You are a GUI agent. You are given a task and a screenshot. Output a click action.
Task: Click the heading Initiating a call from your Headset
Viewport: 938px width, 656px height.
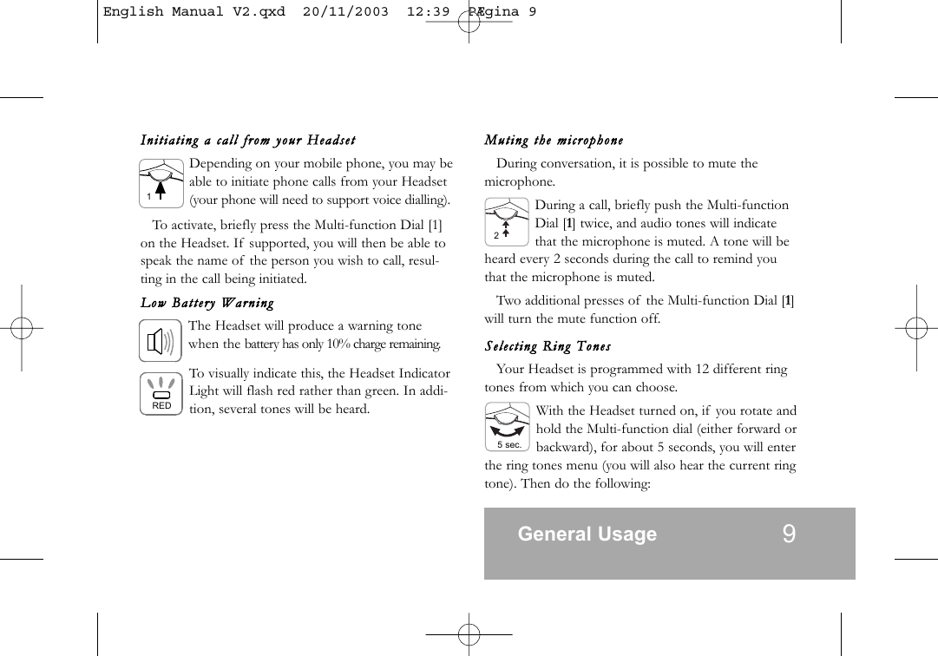click(x=248, y=141)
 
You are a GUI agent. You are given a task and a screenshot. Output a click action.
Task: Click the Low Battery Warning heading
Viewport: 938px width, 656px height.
click(x=207, y=303)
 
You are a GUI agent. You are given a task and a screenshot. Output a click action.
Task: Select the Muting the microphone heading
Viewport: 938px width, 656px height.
click(x=554, y=141)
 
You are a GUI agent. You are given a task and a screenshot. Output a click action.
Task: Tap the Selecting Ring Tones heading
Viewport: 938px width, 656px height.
click(x=548, y=347)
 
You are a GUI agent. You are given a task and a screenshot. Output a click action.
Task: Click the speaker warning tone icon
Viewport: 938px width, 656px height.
click(x=161, y=341)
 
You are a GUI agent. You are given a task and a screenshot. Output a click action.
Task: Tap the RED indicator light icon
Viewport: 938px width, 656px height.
click(x=161, y=393)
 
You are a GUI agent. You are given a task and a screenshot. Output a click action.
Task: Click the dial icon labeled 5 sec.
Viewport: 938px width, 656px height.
click(x=508, y=428)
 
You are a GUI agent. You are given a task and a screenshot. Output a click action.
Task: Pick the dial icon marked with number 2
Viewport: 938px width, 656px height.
click(x=507, y=223)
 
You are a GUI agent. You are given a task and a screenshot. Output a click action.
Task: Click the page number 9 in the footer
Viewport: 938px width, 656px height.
click(x=788, y=534)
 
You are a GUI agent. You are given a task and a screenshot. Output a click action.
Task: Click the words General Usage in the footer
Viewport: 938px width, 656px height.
click(x=587, y=535)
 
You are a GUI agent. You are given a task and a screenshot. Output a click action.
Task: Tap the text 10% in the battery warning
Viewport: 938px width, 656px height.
click(x=337, y=344)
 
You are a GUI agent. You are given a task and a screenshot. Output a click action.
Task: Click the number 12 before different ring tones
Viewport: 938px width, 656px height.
click(x=704, y=370)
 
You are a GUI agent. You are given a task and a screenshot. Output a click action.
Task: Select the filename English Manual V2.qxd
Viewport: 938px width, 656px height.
click(x=194, y=12)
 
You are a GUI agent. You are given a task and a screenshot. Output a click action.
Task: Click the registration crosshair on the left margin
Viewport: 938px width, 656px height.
click(x=22, y=329)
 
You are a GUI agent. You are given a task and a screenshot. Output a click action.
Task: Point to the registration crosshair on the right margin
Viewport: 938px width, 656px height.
click(x=916, y=329)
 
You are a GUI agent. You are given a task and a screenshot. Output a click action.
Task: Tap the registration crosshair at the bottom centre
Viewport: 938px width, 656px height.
click(x=469, y=634)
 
